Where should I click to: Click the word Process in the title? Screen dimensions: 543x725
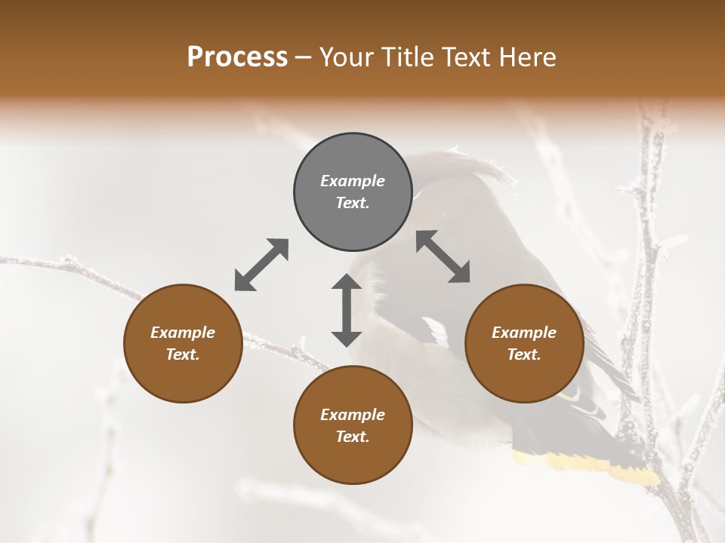(x=237, y=57)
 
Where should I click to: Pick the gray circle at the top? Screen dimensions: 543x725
(x=353, y=192)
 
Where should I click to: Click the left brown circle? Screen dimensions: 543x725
(x=183, y=343)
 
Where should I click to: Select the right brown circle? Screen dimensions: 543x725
(x=524, y=343)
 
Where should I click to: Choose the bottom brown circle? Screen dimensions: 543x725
(x=353, y=425)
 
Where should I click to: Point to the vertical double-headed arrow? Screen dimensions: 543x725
(x=347, y=310)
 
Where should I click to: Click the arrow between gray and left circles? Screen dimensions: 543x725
(x=261, y=265)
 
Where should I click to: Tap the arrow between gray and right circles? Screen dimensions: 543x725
(x=443, y=257)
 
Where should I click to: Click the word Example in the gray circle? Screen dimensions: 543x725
(x=353, y=181)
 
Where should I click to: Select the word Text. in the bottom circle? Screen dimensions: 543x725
(x=353, y=437)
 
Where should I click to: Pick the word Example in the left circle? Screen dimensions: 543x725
(x=183, y=333)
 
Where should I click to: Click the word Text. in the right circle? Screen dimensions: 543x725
(x=524, y=354)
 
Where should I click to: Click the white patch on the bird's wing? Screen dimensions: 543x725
(x=436, y=332)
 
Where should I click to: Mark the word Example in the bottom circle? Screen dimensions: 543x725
(x=353, y=415)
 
